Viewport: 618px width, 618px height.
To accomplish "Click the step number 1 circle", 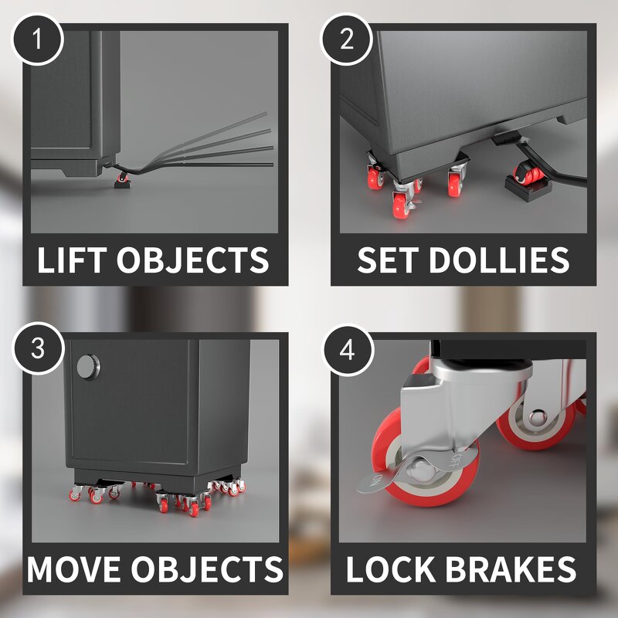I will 37,38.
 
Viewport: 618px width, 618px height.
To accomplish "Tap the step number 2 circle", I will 347,38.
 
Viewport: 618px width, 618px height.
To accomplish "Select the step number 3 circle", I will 37,348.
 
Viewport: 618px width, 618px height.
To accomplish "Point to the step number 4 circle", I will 347,348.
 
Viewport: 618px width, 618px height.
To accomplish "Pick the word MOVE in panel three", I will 74,569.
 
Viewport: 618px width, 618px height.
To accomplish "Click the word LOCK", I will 394,569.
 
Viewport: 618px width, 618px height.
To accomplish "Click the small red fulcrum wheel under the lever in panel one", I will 121,179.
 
